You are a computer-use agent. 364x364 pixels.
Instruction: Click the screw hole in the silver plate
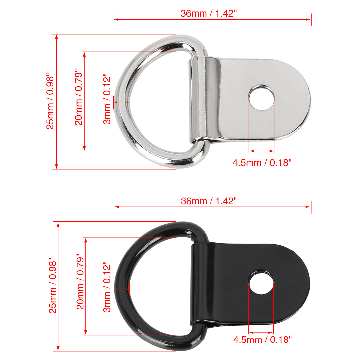pyautogui.click(x=261, y=97)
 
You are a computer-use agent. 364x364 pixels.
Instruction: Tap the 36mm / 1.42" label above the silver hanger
pyautogui.click(x=208, y=13)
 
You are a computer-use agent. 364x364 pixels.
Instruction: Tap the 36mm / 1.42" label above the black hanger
pyautogui.click(x=208, y=201)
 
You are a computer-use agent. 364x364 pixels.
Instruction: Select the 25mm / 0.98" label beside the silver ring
pyautogui.click(x=50, y=102)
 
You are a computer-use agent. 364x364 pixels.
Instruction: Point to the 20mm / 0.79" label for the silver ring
pyautogui.click(x=79, y=98)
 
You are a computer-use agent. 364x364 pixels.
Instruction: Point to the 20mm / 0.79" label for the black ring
pyautogui.click(x=80, y=282)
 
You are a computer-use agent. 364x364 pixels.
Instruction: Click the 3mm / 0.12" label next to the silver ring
pyautogui.click(x=107, y=99)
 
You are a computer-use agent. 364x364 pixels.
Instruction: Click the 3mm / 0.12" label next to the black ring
pyautogui.click(x=107, y=287)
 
